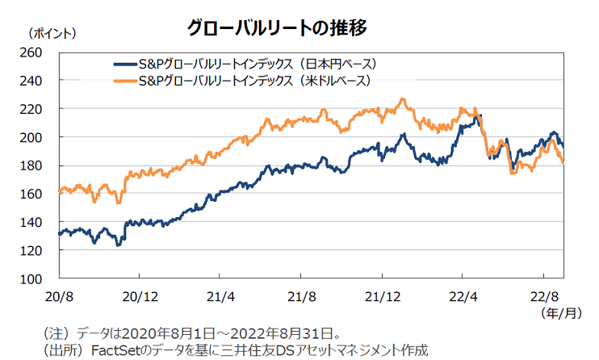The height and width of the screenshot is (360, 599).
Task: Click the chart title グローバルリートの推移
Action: tap(278, 27)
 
